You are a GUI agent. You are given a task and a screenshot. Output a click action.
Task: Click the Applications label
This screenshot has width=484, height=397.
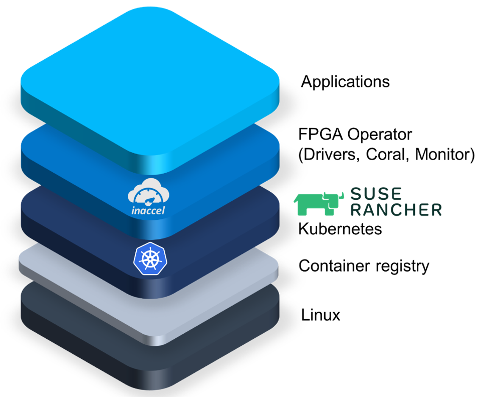point(345,82)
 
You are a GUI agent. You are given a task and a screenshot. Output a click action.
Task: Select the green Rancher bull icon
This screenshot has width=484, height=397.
point(316,202)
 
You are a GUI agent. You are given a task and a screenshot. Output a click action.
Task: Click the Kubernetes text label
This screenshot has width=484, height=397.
point(340,229)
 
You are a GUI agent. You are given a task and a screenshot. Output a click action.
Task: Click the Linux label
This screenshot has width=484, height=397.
point(321,315)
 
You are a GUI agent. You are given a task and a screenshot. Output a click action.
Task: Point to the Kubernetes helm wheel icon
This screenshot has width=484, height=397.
point(149,259)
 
